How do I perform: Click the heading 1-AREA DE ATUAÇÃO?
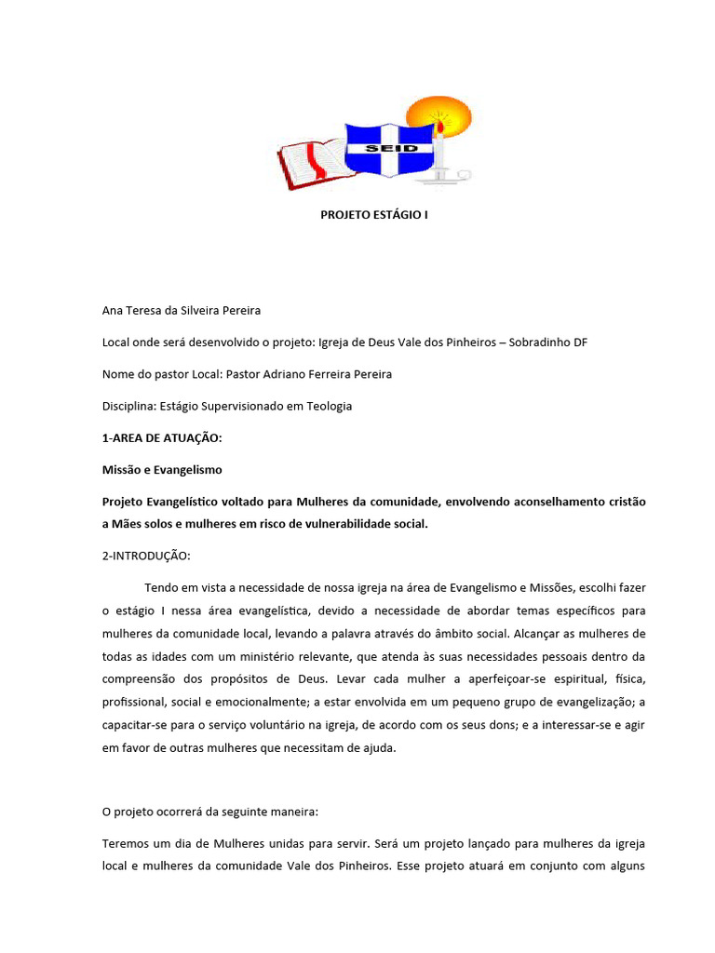coord(163,437)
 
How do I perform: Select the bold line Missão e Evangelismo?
coord(162,470)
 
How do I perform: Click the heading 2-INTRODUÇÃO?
coord(146,556)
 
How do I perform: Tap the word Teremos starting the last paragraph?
coord(125,843)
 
